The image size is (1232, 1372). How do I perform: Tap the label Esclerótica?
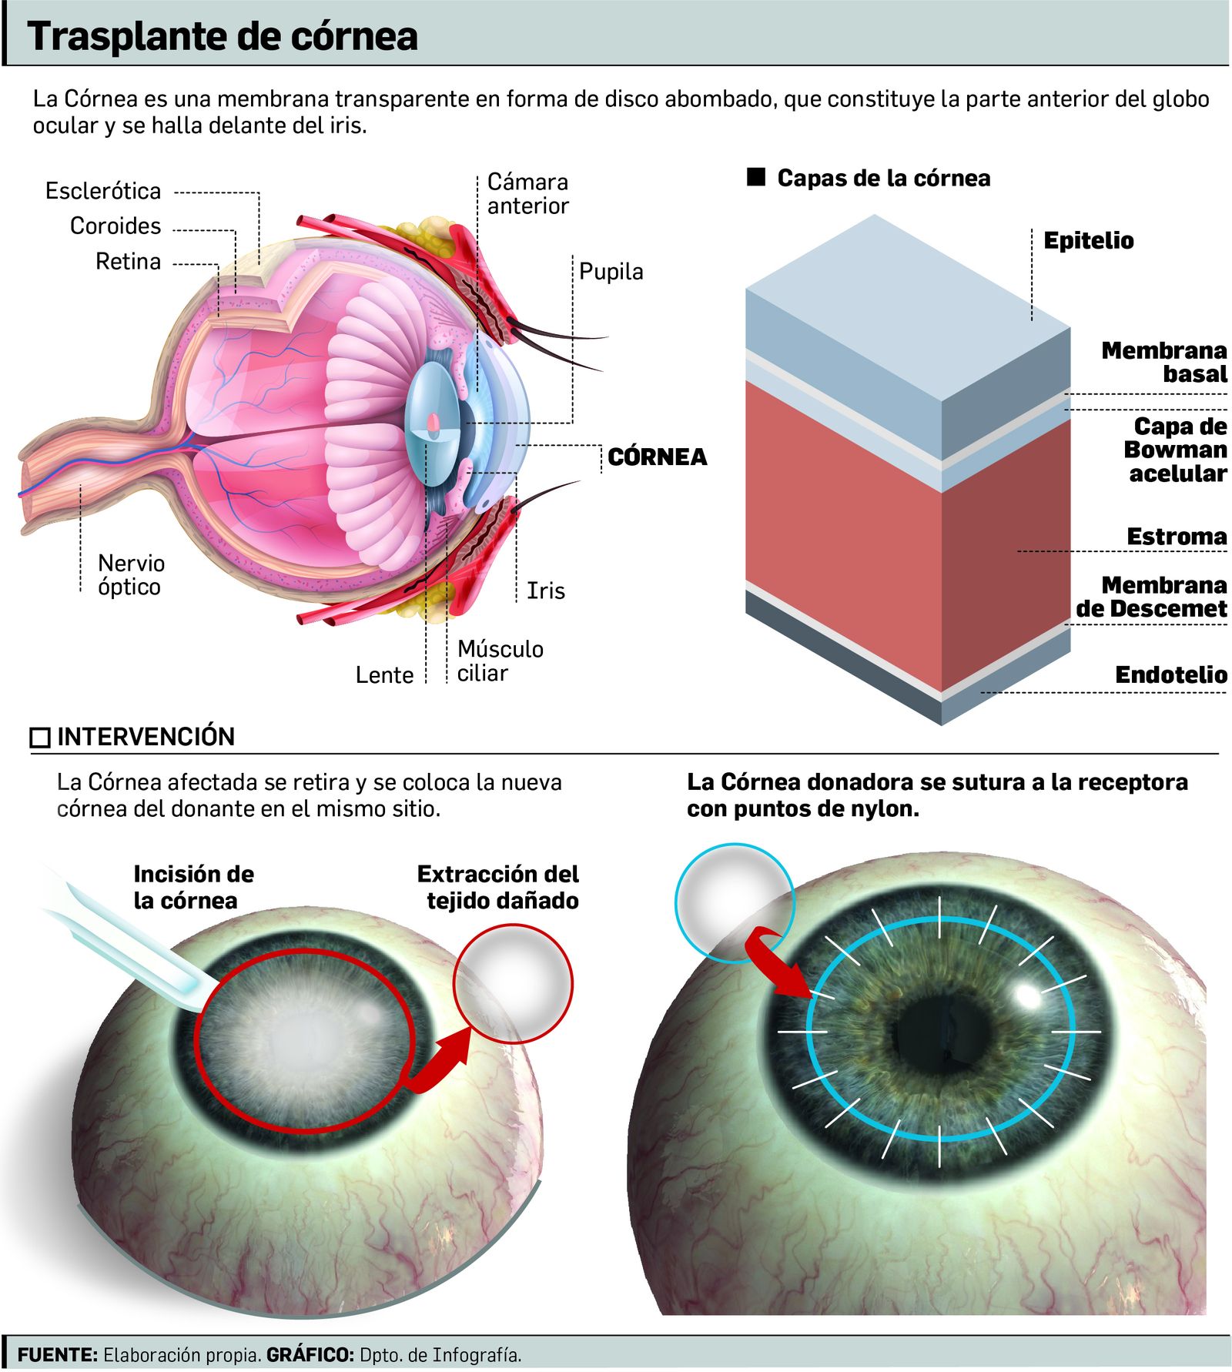tap(103, 191)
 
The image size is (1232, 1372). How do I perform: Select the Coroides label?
tap(115, 226)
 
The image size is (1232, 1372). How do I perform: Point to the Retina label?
tap(128, 262)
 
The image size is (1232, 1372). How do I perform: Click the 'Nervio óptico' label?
tap(131, 575)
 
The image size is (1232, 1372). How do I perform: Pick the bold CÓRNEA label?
tap(657, 457)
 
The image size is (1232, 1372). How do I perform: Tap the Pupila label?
tap(611, 272)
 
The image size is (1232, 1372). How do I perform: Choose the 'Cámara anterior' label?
tap(527, 194)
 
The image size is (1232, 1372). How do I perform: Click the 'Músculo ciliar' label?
tap(500, 661)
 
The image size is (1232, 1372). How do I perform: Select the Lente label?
tap(384, 675)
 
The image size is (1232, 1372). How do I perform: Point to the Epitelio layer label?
tap(1088, 241)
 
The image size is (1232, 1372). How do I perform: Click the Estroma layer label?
tap(1176, 537)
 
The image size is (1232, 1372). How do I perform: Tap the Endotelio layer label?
tap(1170, 675)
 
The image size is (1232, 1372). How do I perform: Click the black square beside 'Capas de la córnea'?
tap(756, 178)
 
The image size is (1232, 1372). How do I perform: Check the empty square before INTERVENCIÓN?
tap(40, 738)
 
